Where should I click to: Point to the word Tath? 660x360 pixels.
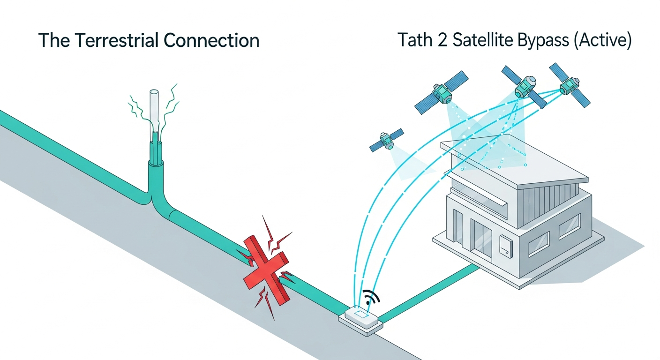pyautogui.click(x=414, y=40)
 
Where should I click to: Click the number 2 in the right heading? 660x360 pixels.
pyautogui.click(x=444, y=40)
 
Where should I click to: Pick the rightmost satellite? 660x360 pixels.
pyautogui.click(x=569, y=85)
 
